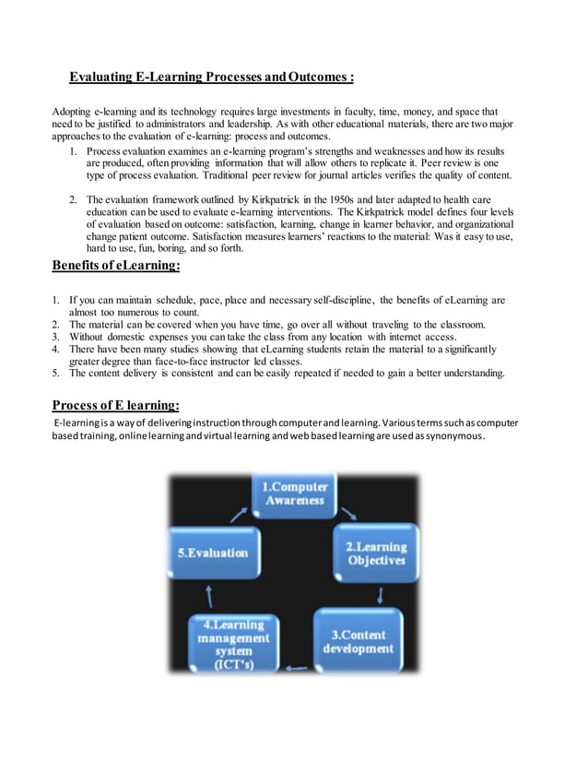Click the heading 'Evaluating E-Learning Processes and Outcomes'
pos(212,77)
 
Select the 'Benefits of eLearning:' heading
pos(115,266)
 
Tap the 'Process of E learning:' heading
pos(115,405)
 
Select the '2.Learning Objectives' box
pos(375,553)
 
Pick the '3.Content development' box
pos(358,641)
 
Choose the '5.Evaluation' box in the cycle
pos(213,553)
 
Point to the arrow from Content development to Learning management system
pos(298,668)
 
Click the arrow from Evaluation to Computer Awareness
pos(238,514)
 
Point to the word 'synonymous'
pos(453,435)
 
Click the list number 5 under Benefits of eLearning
pos(55,374)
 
